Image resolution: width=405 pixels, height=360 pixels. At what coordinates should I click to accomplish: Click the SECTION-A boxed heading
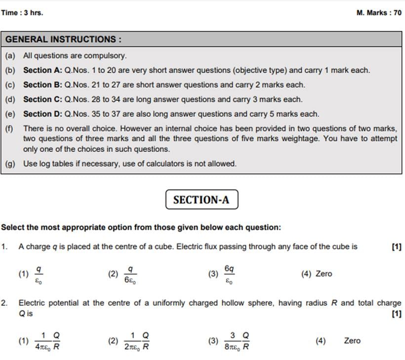pyautogui.click(x=202, y=200)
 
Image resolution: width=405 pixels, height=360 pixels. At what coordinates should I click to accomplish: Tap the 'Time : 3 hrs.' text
pyautogui.click(x=22, y=13)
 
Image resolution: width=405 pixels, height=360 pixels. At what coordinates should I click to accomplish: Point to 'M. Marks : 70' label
pyautogui.click(x=379, y=13)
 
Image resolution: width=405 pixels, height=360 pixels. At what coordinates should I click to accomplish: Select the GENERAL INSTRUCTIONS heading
pyautogui.click(x=63, y=39)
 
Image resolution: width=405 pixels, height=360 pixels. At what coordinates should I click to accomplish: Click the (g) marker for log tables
pyautogui.click(x=10, y=163)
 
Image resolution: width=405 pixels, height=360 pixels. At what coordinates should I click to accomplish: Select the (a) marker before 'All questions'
pyautogui.click(x=10, y=56)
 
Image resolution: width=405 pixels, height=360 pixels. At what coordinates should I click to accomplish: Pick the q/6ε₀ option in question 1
pyautogui.click(x=124, y=274)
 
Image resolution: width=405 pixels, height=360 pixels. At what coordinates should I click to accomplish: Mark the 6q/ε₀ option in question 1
pyautogui.click(x=223, y=274)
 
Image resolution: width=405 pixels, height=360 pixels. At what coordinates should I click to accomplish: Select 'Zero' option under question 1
pyautogui.click(x=317, y=273)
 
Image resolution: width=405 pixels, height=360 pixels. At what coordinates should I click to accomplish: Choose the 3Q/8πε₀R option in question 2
pyautogui.click(x=231, y=341)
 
